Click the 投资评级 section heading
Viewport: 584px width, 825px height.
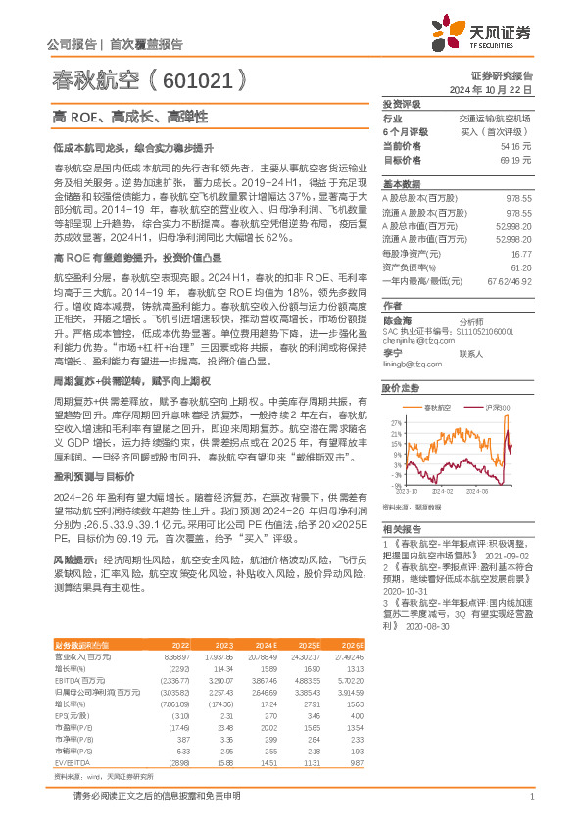[x=402, y=103]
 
